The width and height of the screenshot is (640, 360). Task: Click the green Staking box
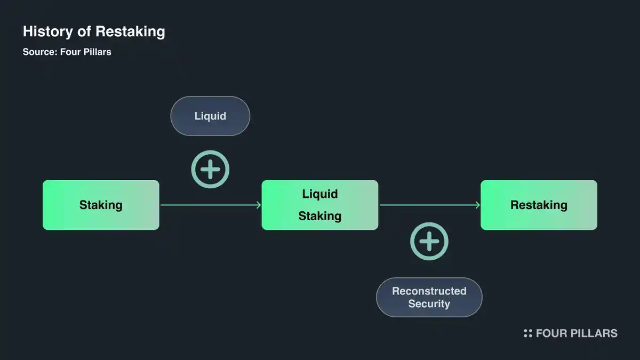(101, 205)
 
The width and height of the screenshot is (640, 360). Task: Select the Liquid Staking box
(319, 205)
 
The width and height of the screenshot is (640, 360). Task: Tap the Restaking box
(539, 205)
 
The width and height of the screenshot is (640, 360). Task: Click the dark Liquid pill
(210, 116)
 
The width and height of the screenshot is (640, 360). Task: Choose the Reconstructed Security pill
(429, 297)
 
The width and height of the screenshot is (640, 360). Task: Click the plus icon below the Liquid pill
(210, 170)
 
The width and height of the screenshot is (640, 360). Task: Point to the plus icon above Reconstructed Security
(429, 242)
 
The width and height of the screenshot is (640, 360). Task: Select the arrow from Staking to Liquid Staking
(210, 205)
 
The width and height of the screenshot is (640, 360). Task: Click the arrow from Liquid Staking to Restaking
(429, 205)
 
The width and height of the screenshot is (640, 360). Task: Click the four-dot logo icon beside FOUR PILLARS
(527, 333)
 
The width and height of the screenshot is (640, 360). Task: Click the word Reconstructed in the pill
(429, 291)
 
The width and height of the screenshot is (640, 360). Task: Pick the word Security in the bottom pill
(429, 304)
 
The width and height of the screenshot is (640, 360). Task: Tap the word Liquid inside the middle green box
(319, 194)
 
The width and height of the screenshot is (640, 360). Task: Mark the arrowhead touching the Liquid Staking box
(258, 205)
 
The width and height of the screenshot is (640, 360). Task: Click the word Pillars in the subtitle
(97, 52)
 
